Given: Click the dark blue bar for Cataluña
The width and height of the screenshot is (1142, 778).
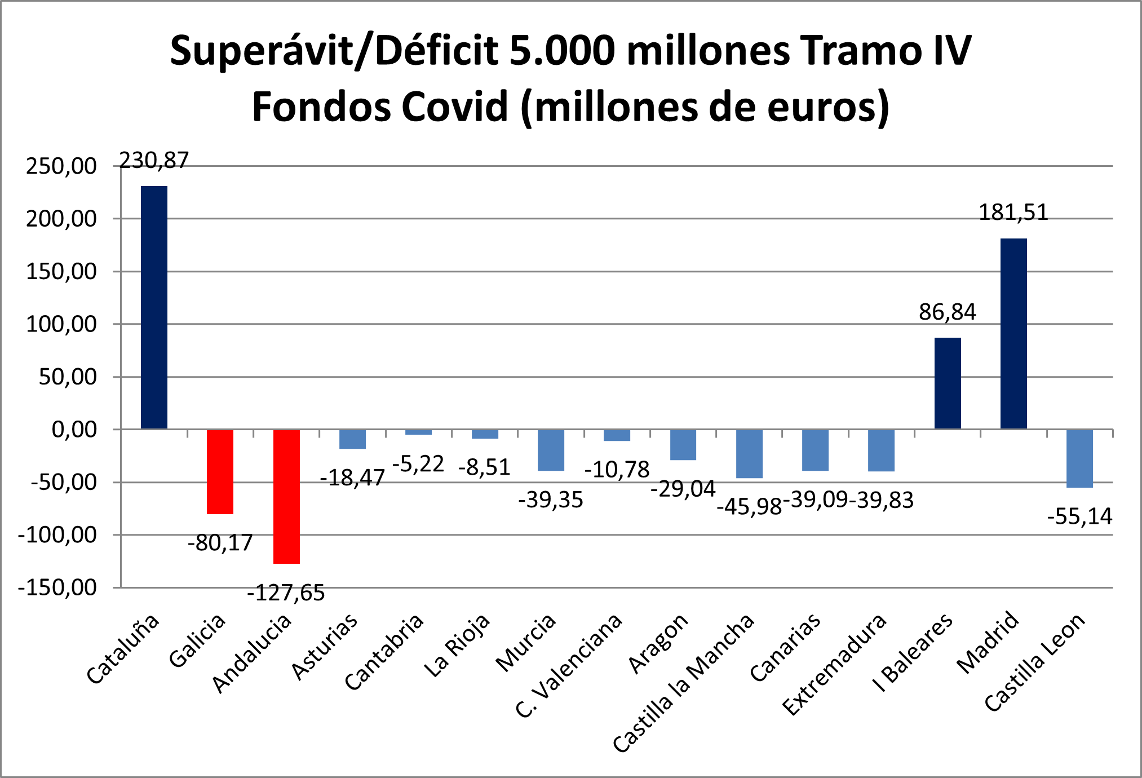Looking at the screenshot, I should [154, 307].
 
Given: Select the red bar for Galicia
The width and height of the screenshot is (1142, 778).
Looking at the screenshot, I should [220, 471].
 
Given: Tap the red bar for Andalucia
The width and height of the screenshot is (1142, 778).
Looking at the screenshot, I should [286, 496].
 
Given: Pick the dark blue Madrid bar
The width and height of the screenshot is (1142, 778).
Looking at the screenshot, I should [1013, 333].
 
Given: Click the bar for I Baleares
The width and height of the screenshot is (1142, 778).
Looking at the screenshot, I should [948, 383].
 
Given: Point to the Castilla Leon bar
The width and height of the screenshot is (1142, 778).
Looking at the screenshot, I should [1079, 458].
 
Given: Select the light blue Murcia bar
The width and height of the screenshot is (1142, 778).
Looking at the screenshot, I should [551, 450].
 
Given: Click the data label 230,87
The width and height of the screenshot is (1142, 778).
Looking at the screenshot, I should [154, 161].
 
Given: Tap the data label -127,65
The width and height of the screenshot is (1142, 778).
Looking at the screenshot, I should [286, 593].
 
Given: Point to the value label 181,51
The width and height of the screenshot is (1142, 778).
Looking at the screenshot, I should [1013, 213].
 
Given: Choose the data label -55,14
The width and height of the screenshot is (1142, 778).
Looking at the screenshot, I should [1079, 516].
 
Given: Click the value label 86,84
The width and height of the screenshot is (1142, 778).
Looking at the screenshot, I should [948, 312].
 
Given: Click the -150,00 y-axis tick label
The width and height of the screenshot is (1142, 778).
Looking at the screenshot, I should [57, 587].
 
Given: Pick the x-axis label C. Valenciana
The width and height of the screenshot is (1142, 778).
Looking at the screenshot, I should [569, 665].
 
